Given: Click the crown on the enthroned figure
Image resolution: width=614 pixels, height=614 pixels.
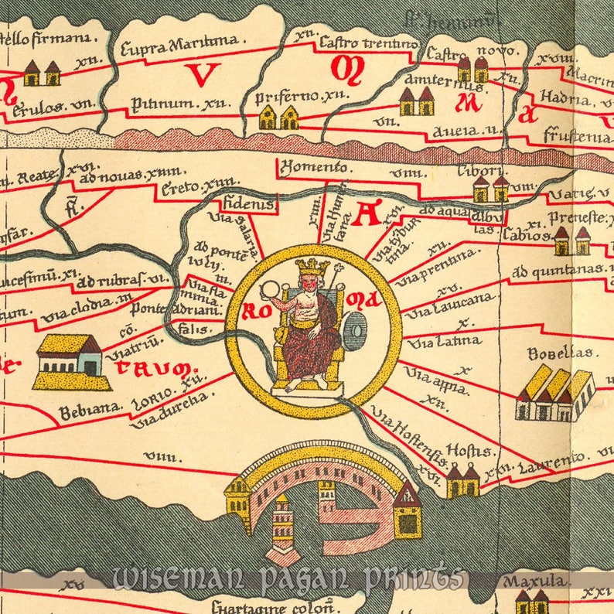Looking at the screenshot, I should [x=312, y=268].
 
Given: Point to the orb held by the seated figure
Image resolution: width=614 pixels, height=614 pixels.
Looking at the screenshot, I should [x=271, y=290].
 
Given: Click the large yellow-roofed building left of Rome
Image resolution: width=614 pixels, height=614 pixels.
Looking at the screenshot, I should [x=70, y=361].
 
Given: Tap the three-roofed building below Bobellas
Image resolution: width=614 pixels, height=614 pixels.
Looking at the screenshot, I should [x=554, y=394].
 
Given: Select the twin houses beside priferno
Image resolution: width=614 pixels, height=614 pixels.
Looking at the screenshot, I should [x=278, y=118].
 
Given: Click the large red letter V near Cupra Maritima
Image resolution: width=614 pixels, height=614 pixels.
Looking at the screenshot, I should [x=203, y=74].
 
